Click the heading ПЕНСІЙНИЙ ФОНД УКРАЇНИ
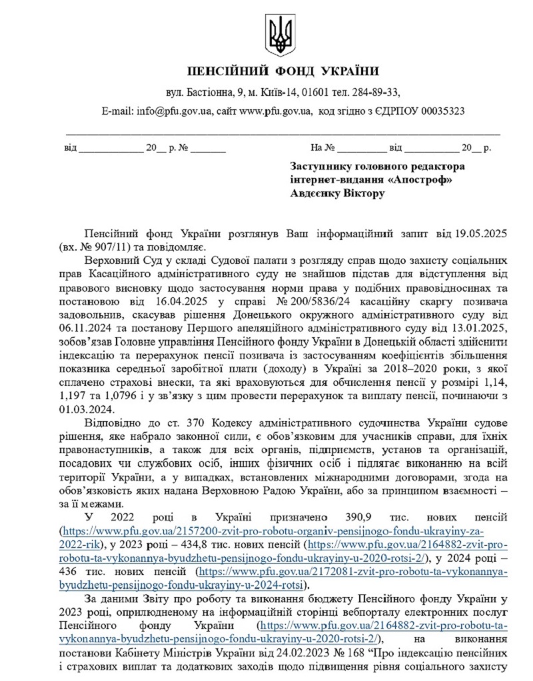click(x=283, y=71)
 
